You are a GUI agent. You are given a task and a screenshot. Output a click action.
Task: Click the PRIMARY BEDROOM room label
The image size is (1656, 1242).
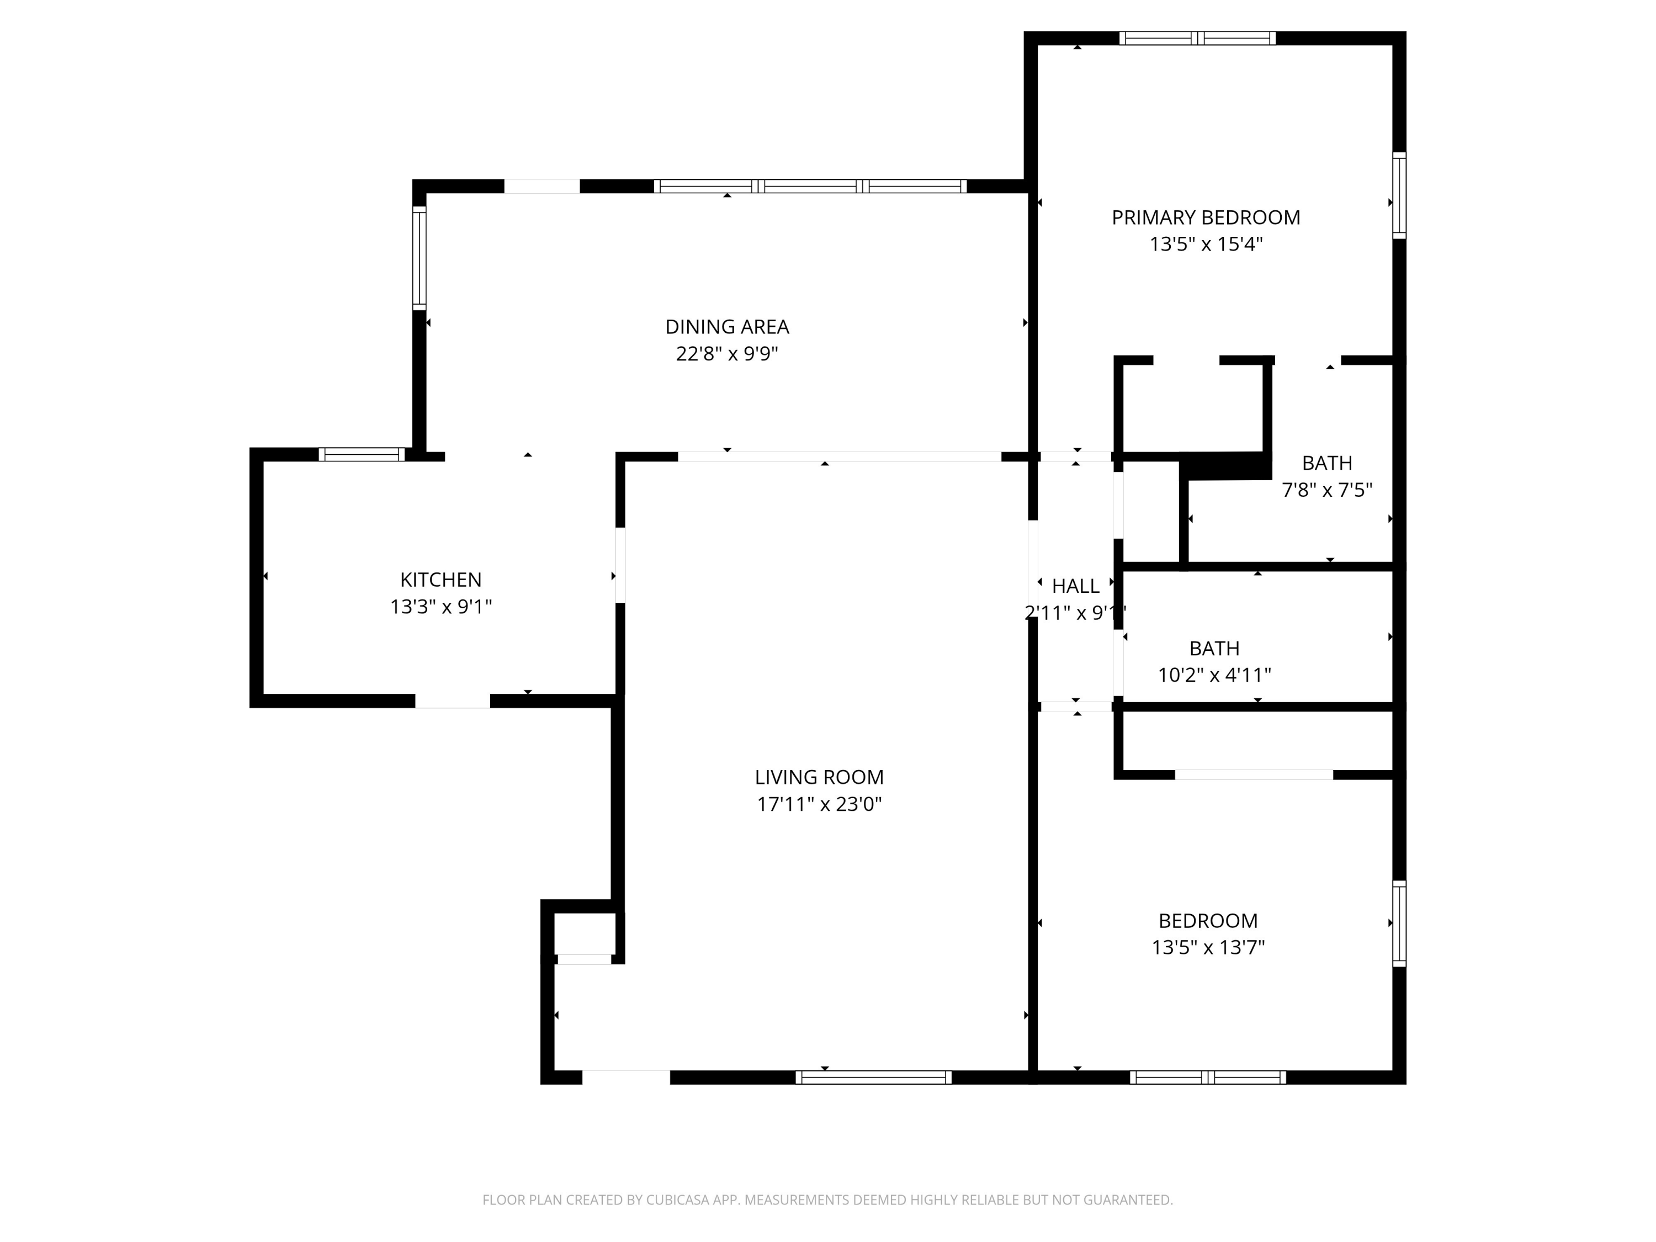pos(1206,218)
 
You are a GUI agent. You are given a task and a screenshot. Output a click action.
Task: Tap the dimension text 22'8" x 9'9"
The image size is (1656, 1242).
pos(727,353)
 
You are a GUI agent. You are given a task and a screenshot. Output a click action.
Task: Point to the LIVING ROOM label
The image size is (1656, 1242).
pos(819,777)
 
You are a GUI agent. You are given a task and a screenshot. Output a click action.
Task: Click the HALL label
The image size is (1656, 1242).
pos(1075,586)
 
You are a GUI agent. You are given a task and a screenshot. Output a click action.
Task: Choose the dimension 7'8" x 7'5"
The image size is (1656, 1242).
pos(1326,490)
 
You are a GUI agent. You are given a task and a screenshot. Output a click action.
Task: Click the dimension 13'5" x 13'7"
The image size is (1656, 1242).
pos(1208,948)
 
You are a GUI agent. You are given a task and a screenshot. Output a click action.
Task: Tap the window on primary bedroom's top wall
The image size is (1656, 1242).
pos(1197,38)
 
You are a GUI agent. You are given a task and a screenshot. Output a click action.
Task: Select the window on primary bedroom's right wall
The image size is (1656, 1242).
pos(1398,195)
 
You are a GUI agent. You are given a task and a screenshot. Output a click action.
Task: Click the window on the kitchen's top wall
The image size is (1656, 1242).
pos(362,454)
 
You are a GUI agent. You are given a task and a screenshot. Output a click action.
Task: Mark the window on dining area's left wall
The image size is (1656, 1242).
pos(419,258)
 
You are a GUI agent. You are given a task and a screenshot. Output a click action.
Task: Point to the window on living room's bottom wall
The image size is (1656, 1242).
pos(873,1078)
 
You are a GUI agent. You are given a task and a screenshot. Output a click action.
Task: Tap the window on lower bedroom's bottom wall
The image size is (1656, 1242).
pos(1208,1078)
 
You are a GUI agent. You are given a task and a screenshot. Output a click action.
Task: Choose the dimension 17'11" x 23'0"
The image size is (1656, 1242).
pos(819,804)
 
